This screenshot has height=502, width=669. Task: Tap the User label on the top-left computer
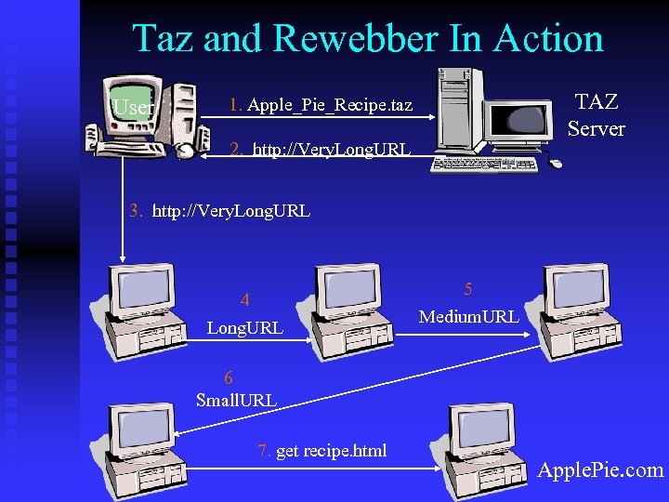pos(133,108)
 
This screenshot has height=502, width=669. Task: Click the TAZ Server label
pos(596,115)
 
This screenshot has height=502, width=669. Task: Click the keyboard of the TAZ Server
pos(484,163)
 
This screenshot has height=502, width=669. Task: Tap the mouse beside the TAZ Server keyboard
pos(555,164)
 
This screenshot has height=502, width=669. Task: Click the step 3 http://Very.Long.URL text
pos(230,211)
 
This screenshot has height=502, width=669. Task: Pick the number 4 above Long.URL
pos(244,300)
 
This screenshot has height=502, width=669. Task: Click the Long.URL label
pos(244,327)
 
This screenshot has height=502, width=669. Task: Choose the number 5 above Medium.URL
pos(468,289)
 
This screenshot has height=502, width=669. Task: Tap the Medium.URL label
pos(468,317)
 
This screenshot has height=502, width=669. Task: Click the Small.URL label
pos(236,401)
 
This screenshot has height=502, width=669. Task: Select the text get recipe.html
pos(331,451)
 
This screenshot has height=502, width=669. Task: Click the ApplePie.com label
pos(600,469)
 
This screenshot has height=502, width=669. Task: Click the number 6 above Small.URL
pos(229,377)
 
